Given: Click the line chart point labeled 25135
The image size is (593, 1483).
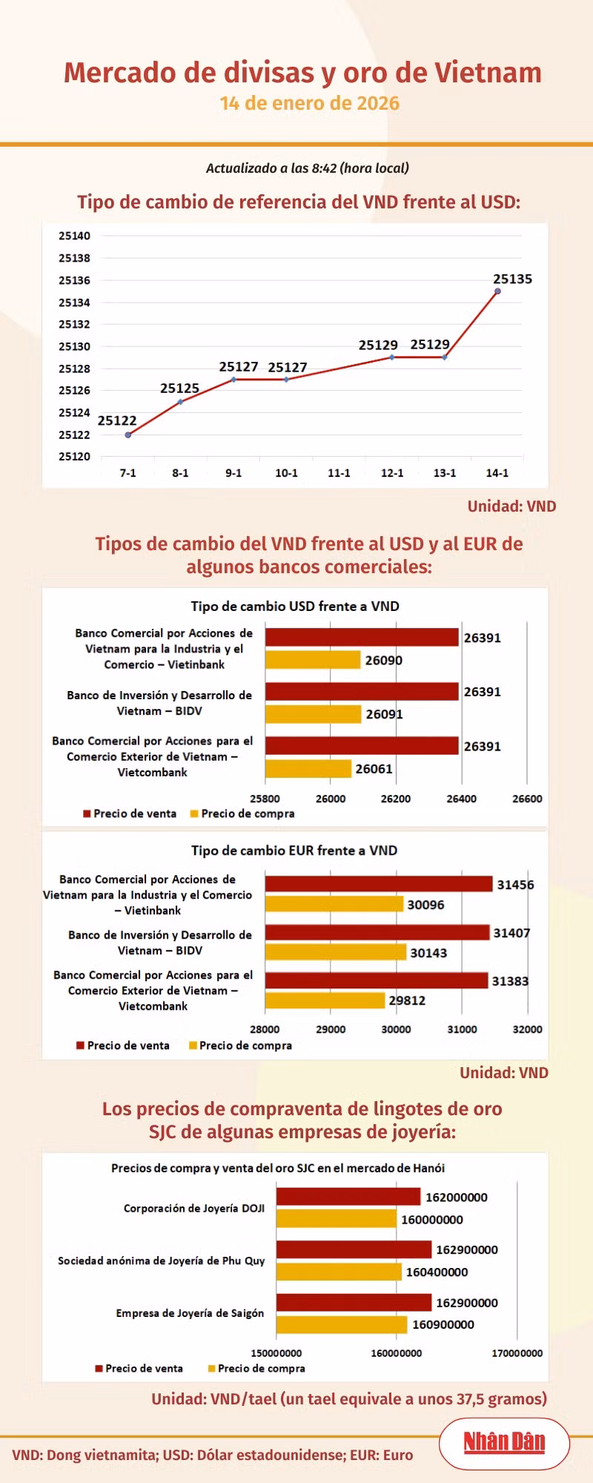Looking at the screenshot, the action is [497, 291].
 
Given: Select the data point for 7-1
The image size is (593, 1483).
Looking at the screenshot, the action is [128, 435].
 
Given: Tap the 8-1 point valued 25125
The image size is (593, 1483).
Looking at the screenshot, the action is [180, 402].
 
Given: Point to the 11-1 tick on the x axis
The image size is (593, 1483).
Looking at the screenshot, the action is [339, 473].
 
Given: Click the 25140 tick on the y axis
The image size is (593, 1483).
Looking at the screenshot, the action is [74, 236].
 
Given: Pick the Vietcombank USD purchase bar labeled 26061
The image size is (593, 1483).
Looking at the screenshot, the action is [308, 768].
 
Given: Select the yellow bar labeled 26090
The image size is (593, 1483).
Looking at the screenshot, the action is [313, 659].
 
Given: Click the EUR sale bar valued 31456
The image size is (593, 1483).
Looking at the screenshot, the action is [379, 884].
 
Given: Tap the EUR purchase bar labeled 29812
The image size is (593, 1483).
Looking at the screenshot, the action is [325, 1000].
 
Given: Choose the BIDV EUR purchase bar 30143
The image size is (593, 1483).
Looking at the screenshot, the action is [336, 952].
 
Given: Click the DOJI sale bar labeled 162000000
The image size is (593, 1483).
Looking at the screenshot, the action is [348, 1197].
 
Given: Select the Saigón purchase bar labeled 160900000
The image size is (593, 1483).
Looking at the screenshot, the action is [342, 1324].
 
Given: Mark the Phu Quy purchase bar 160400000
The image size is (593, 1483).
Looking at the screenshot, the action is [339, 1272].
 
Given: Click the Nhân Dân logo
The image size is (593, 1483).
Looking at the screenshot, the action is [504, 1442].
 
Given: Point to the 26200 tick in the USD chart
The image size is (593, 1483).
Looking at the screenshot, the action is [396, 799].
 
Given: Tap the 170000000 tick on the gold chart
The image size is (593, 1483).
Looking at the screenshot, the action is [517, 1353].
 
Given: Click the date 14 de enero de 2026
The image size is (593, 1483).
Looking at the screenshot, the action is [310, 103].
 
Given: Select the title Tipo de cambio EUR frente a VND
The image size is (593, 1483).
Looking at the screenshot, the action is [294, 851].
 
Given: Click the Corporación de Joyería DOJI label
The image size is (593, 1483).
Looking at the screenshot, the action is [194, 1208].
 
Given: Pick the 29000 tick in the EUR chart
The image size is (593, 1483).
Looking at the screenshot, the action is [331, 1029].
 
